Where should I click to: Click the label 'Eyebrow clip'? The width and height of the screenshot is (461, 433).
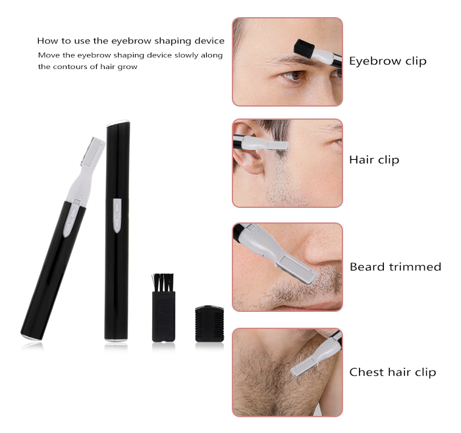pyautogui.click(x=387, y=61)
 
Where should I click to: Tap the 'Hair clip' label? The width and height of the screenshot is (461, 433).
pyautogui.click(x=373, y=160)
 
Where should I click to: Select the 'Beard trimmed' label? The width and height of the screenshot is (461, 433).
pyautogui.click(x=395, y=267)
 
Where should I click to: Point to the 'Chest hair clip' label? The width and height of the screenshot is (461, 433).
pyautogui.click(x=393, y=372)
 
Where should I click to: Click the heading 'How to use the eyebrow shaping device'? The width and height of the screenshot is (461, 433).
pyautogui.click(x=130, y=41)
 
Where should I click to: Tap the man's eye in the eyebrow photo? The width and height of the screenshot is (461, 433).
pyautogui.click(x=294, y=76)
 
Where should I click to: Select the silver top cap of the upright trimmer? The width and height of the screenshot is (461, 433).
pyautogui.click(x=119, y=122)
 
